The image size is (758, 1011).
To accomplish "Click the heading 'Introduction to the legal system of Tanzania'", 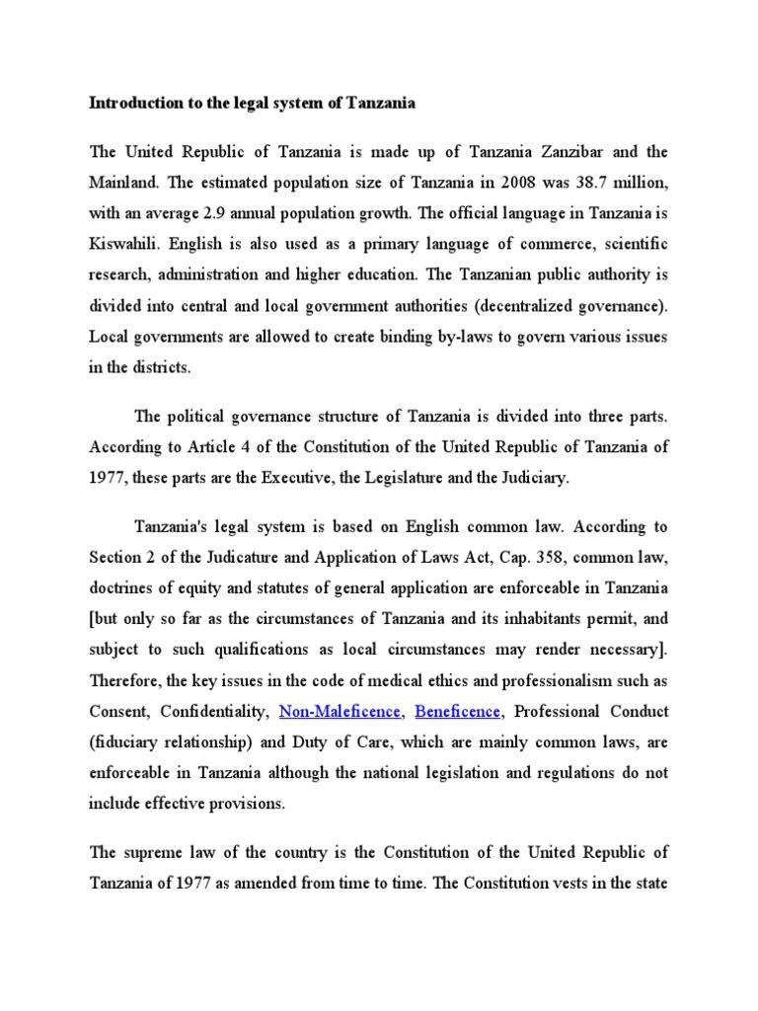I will (253, 102).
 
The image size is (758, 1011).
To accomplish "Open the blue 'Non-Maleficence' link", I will (341, 711).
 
